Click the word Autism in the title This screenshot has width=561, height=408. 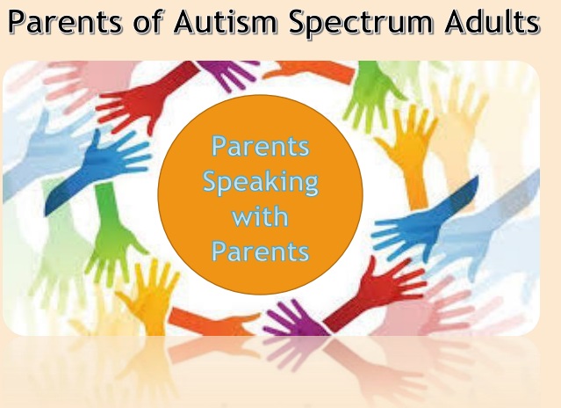(x=226, y=21)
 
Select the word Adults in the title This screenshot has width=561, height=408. (x=493, y=21)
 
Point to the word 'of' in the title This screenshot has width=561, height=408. (x=148, y=21)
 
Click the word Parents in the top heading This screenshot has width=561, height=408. (x=65, y=22)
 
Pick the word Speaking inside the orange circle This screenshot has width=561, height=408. (x=261, y=183)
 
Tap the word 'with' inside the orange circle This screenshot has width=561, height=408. (x=260, y=216)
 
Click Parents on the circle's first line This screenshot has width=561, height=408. (x=261, y=146)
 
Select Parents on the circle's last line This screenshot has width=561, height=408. (x=261, y=251)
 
